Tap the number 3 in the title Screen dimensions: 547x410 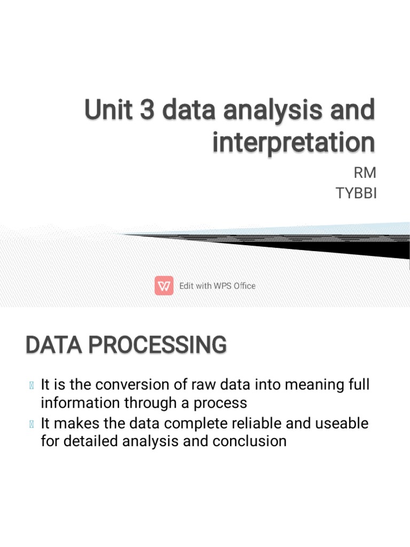pyautogui.click(x=147, y=111)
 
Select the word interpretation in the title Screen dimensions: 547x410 pyautogui.click(x=294, y=143)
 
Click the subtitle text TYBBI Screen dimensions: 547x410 pyautogui.click(x=356, y=193)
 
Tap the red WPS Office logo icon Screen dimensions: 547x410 pyautogui.click(x=164, y=286)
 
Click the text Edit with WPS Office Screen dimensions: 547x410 pyautogui.click(x=217, y=286)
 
